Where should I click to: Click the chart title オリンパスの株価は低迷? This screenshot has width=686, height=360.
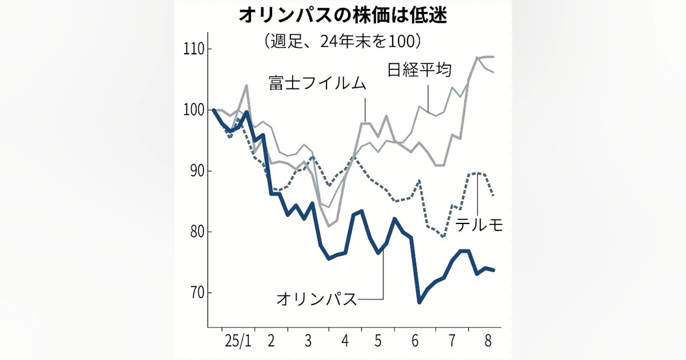pyautogui.click(x=342, y=15)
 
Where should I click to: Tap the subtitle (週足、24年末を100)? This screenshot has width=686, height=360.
pyautogui.click(x=342, y=41)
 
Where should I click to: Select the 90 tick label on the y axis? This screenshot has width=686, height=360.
pyautogui.click(x=193, y=171)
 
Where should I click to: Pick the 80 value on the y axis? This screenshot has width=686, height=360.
pyautogui.click(x=193, y=232)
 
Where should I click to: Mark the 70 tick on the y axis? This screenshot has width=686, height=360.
pyautogui.click(x=193, y=293)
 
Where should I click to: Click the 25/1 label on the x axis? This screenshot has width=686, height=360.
pyautogui.click(x=238, y=341)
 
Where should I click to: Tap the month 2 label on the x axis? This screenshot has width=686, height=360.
pyautogui.click(x=271, y=341)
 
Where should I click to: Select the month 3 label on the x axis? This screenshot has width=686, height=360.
pyautogui.click(x=308, y=341)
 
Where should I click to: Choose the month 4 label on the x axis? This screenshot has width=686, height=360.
pyautogui.click(x=345, y=341)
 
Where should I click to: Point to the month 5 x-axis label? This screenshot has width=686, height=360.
pyautogui.click(x=377, y=341)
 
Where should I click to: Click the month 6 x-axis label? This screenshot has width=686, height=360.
pyautogui.click(x=414, y=341)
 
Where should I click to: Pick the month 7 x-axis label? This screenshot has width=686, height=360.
pyautogui.click(x=452, y=341)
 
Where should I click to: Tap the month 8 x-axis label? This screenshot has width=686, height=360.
pyautogui.click(x=488, y=341)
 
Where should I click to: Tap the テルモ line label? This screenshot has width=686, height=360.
pyautogui.click(x=479, y=225)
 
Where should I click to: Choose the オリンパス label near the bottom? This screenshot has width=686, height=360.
pyautogui.click(x=316, y=298)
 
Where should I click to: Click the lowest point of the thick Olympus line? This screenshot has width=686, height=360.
pyautogui.click(x=420, y=302)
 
